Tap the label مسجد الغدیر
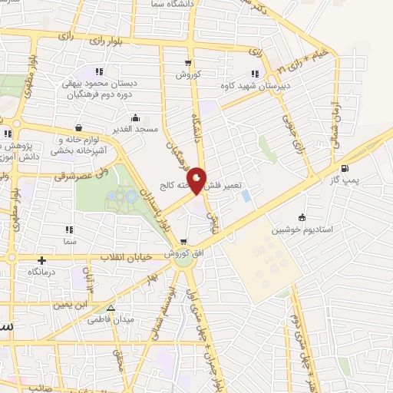pyautogui.click(x=137, y=129)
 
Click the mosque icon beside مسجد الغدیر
pyautogui.click(x=137, y=117)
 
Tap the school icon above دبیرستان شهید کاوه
pyautogui.click(x=255, y=74)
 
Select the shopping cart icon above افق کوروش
pyautogui.click(x=183, y=241)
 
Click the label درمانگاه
pyautogui.click(x=44, y=272)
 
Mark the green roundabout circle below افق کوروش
pyautogui.click(x=183, y=260)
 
